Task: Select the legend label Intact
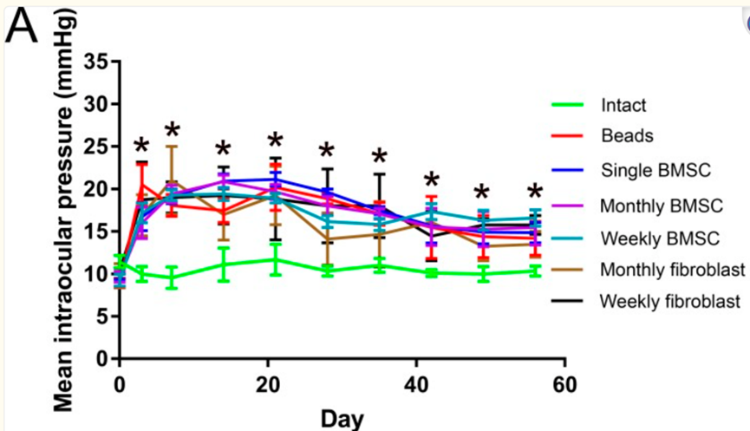point(623,107)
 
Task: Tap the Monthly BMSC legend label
point(658,204)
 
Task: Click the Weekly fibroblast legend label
point(669,302)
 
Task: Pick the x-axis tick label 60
point(564,384)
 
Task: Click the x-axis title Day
point(342,418)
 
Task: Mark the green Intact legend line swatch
point(568,107)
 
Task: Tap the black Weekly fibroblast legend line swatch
point(568,302)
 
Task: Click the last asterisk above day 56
point(535,193)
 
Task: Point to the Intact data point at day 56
point(535,271)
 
